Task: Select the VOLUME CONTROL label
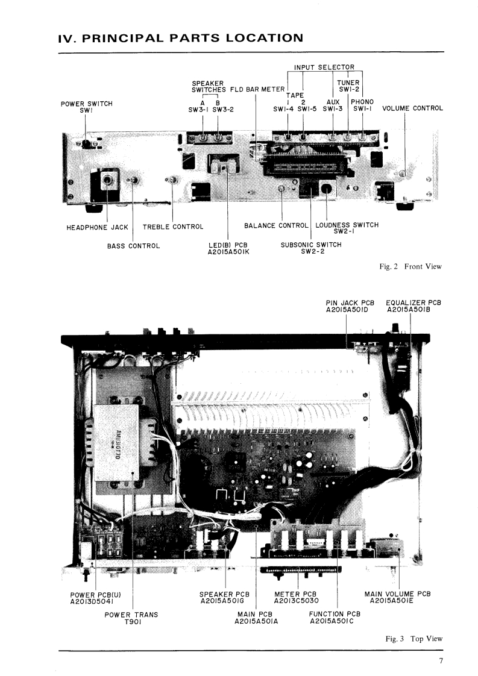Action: (412, 108)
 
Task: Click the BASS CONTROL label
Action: (133, 246)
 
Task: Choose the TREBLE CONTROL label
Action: (173, 227)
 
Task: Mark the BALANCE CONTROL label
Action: (276, 226)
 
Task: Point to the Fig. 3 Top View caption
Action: (414, 639)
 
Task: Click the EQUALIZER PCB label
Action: (413, 305)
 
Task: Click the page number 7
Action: (441, 662)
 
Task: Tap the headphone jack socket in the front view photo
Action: (108, 179)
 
